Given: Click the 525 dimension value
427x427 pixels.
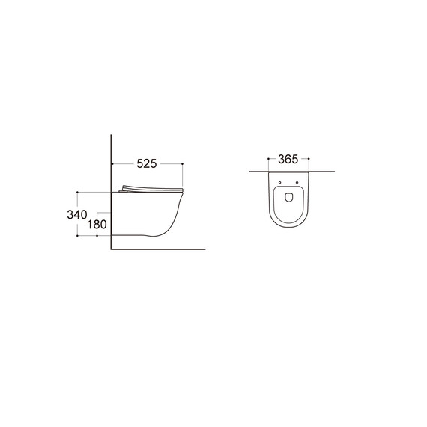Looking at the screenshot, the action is click(147, 163).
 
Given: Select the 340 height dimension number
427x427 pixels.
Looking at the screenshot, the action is click(77, 214).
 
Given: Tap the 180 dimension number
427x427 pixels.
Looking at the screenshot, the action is click(97, 225).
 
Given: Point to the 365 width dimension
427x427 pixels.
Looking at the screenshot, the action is click(288, 160).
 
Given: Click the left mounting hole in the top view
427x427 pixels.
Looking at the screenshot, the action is click(279, 183).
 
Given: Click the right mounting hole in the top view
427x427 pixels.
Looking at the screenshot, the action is click(297, 183).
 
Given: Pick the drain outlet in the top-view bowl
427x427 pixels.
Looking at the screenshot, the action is click(288, 198).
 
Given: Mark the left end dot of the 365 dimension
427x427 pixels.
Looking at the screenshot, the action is click(268, 158).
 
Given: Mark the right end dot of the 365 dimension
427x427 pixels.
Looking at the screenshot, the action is click(309, 158).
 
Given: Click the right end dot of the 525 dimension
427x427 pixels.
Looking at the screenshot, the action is click(183, 163).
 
